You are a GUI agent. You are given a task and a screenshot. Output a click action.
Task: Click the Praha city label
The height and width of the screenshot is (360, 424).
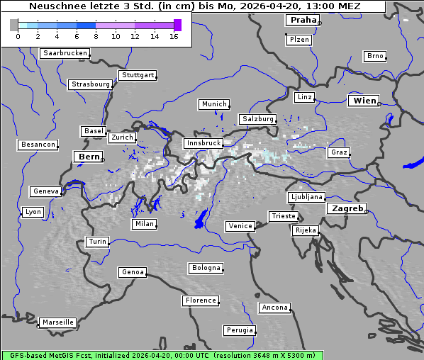303,20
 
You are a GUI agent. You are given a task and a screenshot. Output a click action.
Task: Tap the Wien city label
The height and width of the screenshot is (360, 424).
364,101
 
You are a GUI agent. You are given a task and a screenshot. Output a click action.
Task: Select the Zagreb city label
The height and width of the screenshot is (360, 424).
347,208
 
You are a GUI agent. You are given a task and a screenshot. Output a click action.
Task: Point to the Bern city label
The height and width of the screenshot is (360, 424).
89,157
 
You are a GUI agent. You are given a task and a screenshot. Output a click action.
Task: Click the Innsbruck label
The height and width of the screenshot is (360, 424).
203,143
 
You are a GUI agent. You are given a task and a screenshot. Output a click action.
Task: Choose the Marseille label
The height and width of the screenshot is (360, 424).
57,322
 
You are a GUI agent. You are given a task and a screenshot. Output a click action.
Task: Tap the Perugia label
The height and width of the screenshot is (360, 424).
240,330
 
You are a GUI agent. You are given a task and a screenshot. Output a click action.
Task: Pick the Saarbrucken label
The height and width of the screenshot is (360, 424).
65,53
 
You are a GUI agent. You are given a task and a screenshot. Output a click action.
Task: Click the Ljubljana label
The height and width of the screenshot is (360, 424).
306,197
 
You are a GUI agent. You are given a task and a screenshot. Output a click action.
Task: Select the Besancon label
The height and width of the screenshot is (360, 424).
38,145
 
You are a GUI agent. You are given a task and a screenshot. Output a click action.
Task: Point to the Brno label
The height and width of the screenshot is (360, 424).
374,56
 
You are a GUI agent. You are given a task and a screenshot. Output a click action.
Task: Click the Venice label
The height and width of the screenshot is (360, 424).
240,226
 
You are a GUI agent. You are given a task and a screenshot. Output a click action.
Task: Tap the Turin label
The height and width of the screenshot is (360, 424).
97,242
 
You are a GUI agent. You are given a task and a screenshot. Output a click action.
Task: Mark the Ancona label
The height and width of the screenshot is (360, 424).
274,308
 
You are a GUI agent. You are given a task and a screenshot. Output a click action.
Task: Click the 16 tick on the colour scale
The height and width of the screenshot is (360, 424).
173,36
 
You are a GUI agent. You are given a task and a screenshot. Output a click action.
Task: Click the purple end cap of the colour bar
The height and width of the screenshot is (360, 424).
177,25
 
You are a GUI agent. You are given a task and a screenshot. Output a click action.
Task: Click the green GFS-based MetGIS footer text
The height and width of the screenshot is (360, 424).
162,355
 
